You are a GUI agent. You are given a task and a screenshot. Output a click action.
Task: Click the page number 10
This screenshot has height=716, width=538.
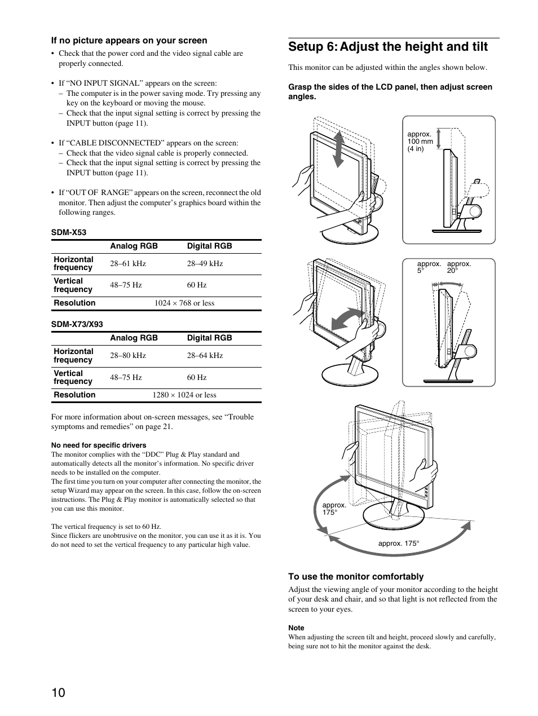[x=59, y=693]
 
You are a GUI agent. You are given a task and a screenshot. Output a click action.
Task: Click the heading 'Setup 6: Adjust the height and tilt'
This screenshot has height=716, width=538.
[x=388, y=47]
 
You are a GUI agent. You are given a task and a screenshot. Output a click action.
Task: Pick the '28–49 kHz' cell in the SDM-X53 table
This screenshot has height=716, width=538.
[x=205, y=263]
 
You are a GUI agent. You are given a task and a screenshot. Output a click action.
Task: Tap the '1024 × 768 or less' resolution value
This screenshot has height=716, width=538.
[x=184, y=303]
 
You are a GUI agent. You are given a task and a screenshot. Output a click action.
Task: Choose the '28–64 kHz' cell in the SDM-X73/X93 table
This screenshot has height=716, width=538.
[x=205, y=355]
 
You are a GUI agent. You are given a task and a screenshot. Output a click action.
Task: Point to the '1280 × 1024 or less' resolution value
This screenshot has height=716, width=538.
[x=184, y=395]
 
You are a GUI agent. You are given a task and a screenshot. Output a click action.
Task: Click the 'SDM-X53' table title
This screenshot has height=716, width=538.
[x=69, y=232]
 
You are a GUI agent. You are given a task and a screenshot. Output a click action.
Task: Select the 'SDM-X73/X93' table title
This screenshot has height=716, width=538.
[x=77, y=324]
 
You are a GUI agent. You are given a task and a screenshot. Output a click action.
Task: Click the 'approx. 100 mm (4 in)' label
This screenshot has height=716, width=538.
[x=420, y=142]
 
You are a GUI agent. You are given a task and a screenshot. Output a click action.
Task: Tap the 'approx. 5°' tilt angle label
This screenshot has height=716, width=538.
[x=429, y=267]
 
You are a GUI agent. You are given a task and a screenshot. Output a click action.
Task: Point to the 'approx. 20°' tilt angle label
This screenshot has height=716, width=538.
[x=459, y=267]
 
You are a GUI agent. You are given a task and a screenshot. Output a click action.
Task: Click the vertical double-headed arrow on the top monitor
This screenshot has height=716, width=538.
[x=338, y=148]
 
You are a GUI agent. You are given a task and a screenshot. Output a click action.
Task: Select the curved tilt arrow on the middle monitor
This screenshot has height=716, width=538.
[x=347, y=319]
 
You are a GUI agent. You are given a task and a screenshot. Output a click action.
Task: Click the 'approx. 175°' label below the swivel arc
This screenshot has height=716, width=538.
[x=399, y=543]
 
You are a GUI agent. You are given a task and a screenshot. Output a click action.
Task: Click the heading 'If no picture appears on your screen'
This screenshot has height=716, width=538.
[x=129, y=41]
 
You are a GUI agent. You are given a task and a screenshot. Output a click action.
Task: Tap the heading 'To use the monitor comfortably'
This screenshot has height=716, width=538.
[x=356, y=576]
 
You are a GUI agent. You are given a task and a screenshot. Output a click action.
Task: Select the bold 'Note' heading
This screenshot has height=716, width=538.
[x=296, y=627]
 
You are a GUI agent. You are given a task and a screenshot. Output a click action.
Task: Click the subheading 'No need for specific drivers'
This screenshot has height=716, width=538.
[x=99, y=445]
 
